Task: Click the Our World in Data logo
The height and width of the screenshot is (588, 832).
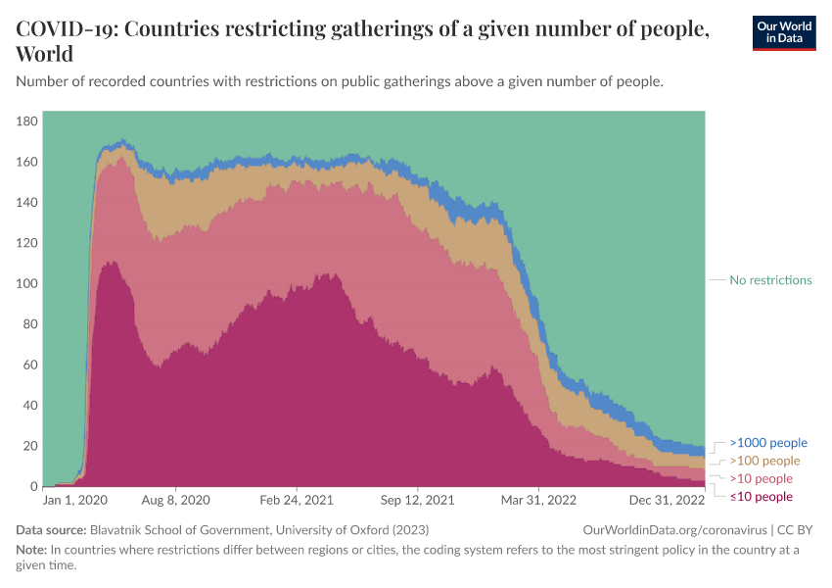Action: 783,31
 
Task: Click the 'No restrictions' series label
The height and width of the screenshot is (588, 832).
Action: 770,280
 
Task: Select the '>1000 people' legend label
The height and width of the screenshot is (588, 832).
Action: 768,443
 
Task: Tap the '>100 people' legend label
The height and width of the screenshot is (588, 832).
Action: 764,461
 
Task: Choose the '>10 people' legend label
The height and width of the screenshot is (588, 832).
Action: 761,479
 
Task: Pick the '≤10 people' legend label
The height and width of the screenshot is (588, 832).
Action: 761,497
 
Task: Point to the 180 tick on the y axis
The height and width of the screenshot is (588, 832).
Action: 27,121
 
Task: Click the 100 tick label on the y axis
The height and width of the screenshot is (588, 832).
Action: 27,283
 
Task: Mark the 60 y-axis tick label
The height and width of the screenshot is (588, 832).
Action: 30,365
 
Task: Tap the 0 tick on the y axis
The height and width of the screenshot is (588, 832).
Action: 34,487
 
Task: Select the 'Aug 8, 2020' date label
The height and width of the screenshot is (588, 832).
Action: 176,500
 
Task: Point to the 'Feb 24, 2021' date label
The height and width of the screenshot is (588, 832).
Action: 297,500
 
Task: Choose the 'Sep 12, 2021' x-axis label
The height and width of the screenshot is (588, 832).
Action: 418,500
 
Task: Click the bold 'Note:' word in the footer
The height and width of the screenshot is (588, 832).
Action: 31,550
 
